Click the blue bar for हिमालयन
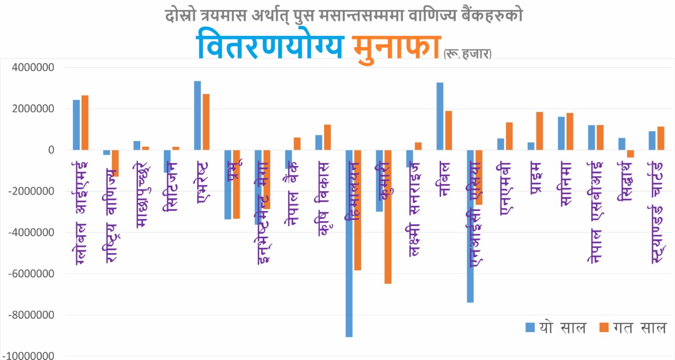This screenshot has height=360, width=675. pyautogui.click(x=349, y=243)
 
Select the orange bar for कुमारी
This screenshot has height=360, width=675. pyautogui.click(x=388, y=216)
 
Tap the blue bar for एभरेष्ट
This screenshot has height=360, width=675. pyautogui.click(x=197, y=115)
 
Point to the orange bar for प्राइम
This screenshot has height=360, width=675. pyautogui.click(x=540, y=130)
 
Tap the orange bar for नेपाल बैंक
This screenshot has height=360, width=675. pyautogui.click(x=297, y=144)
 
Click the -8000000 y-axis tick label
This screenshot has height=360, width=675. pyautogui.click(x=32, y=315)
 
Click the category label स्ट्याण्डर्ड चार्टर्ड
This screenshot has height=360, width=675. pyautogui.click(x=657, y=211)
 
